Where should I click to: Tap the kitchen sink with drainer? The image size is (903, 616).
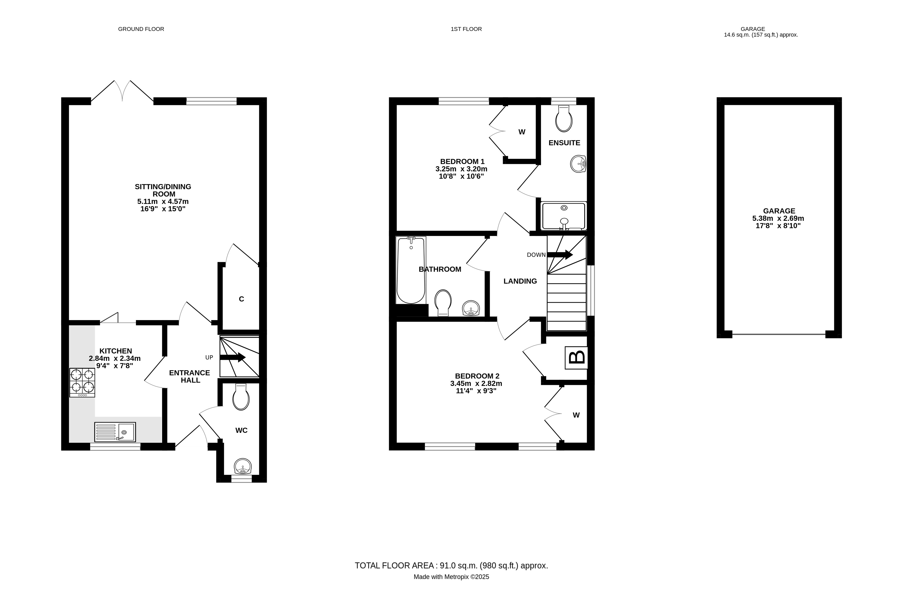[x=115, y=432]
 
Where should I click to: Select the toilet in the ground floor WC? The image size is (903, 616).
[x=241, y=397]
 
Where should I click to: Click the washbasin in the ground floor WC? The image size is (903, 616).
[x=243, y=466]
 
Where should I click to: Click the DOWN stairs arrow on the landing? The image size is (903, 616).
[x=560, y=255]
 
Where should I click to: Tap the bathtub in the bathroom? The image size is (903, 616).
[x=411, y=270]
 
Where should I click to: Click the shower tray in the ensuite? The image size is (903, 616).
[x=564, y=216]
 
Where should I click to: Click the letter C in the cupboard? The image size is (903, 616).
[x=241, y=299]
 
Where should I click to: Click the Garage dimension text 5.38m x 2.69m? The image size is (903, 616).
[x=778, y=219]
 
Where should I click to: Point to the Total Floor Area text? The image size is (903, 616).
[x=451, y=565]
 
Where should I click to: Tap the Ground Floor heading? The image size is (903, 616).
[x=141, y=29]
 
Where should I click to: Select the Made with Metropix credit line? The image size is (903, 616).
[x=451, y=577]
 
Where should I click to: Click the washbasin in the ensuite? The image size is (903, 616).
[x=578, y=164]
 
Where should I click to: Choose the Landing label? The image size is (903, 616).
[x=520, y=281]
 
